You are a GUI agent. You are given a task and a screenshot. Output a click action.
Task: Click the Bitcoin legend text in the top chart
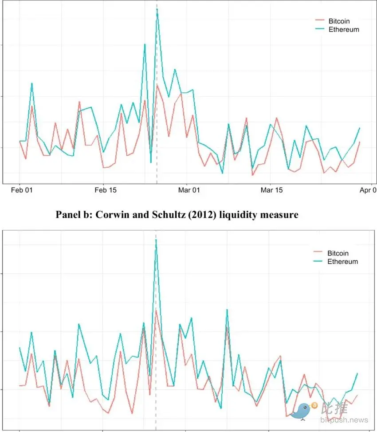[339, 21]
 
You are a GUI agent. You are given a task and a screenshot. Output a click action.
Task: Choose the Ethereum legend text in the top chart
[344, 30]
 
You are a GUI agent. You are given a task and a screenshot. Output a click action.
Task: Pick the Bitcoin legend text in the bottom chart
[338, 253]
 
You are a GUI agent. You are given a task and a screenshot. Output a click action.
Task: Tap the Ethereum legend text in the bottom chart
[342, 262]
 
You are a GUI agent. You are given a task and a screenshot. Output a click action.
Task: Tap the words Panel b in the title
[75, 215]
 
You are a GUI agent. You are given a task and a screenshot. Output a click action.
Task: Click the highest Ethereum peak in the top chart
[157, 10]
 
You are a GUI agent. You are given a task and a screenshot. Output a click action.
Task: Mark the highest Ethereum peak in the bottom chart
[156, 240]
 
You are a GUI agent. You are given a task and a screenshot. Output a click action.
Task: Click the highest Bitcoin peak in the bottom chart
[156, 310]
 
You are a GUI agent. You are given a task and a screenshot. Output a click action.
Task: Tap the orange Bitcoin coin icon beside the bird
[314, 405]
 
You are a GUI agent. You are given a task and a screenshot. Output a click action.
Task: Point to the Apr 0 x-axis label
[368, 190]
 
